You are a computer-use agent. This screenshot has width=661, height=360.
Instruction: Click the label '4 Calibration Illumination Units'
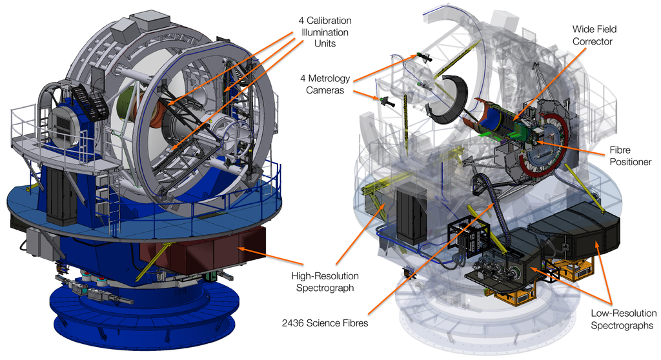click(325, 32)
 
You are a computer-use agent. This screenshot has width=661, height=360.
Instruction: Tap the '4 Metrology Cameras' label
click(325, 85)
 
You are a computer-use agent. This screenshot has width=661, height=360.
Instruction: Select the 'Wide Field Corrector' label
click(595, 35)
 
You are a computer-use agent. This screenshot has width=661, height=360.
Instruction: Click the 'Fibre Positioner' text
click(630, 156)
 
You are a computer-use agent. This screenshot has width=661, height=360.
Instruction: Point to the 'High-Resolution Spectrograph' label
click(325, 282)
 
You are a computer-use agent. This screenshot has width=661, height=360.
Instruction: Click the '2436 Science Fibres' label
click(325, 323)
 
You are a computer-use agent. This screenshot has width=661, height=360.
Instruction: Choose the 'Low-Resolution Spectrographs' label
click(624, 319)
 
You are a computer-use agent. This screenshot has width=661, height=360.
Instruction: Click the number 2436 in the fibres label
click(292, 323)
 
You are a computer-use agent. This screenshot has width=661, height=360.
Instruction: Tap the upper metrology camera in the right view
click(424, 57)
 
